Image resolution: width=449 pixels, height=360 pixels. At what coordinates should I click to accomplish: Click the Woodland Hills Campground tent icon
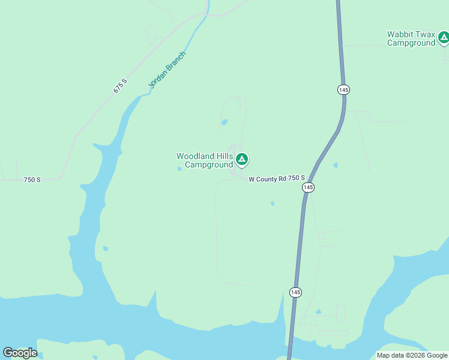(x=241, y=159)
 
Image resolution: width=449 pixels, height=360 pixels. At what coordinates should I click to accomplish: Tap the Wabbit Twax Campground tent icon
(x=444, y=38)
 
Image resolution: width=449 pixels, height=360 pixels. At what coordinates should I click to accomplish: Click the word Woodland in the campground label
(x=195, y=156)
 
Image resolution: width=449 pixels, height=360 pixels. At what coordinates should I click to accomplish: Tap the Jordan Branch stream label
(x=167, y=70)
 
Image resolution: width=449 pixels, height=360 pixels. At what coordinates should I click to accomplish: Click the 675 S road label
(x=121, y=86)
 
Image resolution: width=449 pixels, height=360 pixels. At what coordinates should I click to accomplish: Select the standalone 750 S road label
(x=32, y=179)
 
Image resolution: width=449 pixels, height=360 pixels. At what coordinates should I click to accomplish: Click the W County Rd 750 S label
(x=277, y=178)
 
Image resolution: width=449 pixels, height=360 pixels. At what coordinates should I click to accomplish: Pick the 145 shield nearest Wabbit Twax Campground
(x=343, y=89)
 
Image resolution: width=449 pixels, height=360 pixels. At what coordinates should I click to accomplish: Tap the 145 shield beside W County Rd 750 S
(x=308, y=187)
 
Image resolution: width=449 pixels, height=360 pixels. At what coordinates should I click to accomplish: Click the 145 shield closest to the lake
(x=295, y=292)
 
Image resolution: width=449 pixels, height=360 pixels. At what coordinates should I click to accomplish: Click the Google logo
(x=20, y=353)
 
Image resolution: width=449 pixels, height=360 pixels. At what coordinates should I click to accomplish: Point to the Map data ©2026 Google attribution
(x=412, y=355)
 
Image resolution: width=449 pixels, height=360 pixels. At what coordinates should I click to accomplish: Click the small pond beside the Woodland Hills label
(x=179, y=169)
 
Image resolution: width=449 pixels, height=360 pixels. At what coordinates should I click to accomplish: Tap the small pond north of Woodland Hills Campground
(x=224, y=122)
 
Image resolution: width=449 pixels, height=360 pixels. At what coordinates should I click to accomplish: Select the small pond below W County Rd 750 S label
(x=273, y=203)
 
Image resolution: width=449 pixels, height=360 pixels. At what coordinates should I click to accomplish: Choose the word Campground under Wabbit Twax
(x=411, y=43)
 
